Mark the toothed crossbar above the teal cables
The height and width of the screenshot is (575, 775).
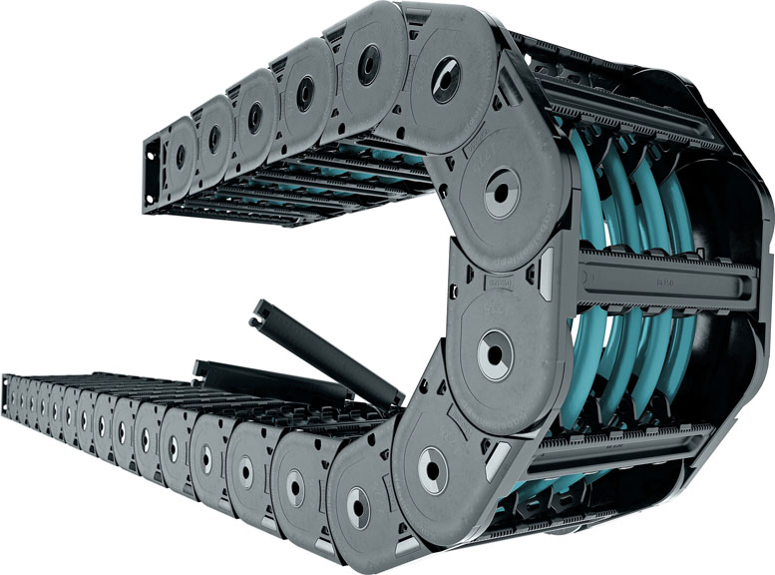coord(638,110)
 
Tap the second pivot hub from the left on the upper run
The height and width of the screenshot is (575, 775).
coord(212,139)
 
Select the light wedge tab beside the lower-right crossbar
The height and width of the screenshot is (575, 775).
coord(497,461)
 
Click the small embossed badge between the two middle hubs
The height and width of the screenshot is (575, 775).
coord(497,285)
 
